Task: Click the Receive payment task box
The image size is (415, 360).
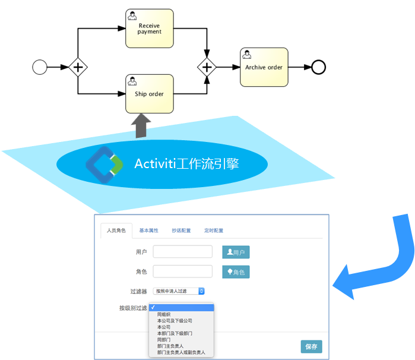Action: click(x=150, y=29)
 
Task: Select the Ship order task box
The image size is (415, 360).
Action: click(x=150, y=94)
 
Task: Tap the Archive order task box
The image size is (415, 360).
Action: click(x=264, y=67)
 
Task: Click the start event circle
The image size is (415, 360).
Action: click(x=40, y=67)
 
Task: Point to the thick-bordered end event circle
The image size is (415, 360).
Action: click(x=319, y=67)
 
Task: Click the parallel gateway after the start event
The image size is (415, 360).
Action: click(x=78, y=67)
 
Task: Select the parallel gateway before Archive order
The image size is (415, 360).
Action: click(x=207, y=67)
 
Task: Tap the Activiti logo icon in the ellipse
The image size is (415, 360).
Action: click(x=104, y=163)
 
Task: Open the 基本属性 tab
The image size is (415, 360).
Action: click(x=148, y=230)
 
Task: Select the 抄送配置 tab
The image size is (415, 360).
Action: click(x=181, y=230)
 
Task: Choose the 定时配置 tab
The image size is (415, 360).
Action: click(x=214, y=230)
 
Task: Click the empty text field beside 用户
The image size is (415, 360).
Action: click(x=182, y=252)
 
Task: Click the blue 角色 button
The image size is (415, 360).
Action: click(x=236, y=272)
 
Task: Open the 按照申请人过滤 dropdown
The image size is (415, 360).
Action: click(x=179, y=291)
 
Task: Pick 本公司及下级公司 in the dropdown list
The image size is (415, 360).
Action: click(x=175, y=321)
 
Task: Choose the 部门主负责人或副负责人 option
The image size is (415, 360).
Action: click(x=181, y=352)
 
